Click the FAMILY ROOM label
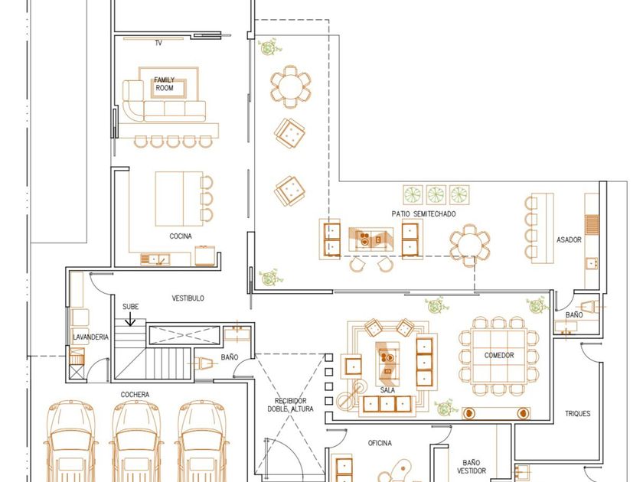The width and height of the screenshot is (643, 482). pyautogui.click(x=165, y=83)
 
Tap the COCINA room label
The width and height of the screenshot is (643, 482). pyautogui.click(x=181, y=236)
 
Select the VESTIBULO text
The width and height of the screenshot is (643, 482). pyautogui.click(x=188, y=298)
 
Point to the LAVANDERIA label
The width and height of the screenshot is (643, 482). pyautogui.click(x=90, y=337)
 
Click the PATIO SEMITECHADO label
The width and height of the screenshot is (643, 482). pyautogui.click(x=423, y=213)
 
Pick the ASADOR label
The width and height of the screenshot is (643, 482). pyautogui.click(x=569, y=239)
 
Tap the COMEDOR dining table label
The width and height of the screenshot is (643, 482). pyautogui.click(x=498, y=355)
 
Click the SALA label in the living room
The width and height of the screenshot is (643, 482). pyautogui.click(x=387, y=389)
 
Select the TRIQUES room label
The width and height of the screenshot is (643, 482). pyautogui.click(x=577, y=414)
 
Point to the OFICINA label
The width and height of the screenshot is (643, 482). pyautogui.click(x=380, y=443)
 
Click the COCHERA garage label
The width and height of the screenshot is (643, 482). pyautogui.click(x=135, y=394)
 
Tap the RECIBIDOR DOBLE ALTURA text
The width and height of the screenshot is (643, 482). pyautogui.click(x=290, y=405)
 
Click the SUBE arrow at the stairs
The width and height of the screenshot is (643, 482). pyautogui.click(x=130, y=319)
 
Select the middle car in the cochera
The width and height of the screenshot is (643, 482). pyautogui.click(x=135, y=441)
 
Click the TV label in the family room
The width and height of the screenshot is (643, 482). pyautogui.click(x=158, y=43)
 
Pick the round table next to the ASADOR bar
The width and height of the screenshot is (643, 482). pyautogui.click(x=469, y=245)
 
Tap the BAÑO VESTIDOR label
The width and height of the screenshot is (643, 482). pyautogui.click(x=472, y=467)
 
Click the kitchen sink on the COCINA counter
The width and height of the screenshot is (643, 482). pyautogui.click(x=155, y=259)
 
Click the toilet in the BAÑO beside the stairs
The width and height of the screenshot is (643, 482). pyautogui.click(x=204, y=363)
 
